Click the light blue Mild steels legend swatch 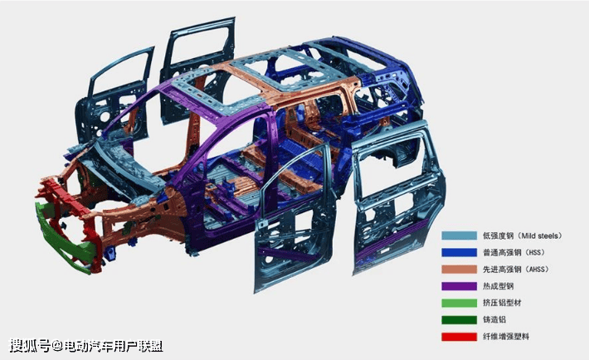(x=459, y=236)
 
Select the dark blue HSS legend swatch (x=459, y=252)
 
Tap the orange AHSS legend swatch (x=459, y=270)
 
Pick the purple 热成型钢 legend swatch (x=459, y=286)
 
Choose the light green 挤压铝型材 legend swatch (x=459, y=303)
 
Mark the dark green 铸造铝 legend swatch (x=459, y=320)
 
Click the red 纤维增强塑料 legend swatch (x=459, y=336)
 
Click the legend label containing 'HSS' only (x=514, y=252)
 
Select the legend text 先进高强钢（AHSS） (x=516, y=270)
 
